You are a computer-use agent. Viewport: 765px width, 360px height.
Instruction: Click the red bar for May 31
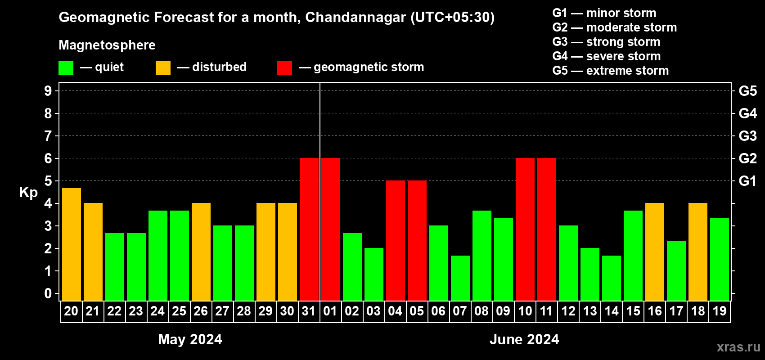tap(309, 229)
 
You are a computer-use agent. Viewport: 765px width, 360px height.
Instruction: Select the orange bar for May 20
tap(72, 244)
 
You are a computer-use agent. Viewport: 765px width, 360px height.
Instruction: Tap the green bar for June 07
tap(460, 278)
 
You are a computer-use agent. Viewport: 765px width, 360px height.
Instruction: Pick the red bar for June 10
tap(525, 229)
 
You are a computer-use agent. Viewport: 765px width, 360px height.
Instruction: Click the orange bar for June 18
tap(698, 252)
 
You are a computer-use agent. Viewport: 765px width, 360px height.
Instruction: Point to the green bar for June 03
tap(374, 274)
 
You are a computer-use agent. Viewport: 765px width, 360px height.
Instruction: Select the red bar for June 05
tap(417, 240)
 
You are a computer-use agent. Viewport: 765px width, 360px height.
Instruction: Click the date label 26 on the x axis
tap(201, 311)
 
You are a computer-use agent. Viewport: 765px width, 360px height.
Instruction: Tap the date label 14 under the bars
tap(612, 311)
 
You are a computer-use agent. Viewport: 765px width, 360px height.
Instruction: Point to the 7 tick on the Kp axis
tap(48, 136)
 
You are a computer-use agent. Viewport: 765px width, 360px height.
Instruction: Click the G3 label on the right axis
tap(747, 136)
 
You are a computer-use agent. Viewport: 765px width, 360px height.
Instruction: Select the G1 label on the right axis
tap(747, 181)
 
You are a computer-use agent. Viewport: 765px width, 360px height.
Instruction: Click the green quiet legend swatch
tap(66, 68)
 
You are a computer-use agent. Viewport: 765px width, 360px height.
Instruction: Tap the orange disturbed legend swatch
tap(163, 68)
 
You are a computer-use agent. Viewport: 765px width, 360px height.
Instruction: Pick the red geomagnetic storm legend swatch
tap(284, 68)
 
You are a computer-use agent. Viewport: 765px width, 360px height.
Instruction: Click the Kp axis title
tap(28, 193)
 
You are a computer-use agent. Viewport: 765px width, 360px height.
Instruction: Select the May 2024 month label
tap(190, 339)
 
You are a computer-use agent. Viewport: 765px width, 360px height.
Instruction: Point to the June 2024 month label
tap(524, 339)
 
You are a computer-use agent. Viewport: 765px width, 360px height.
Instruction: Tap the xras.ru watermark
tap(738, 347)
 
